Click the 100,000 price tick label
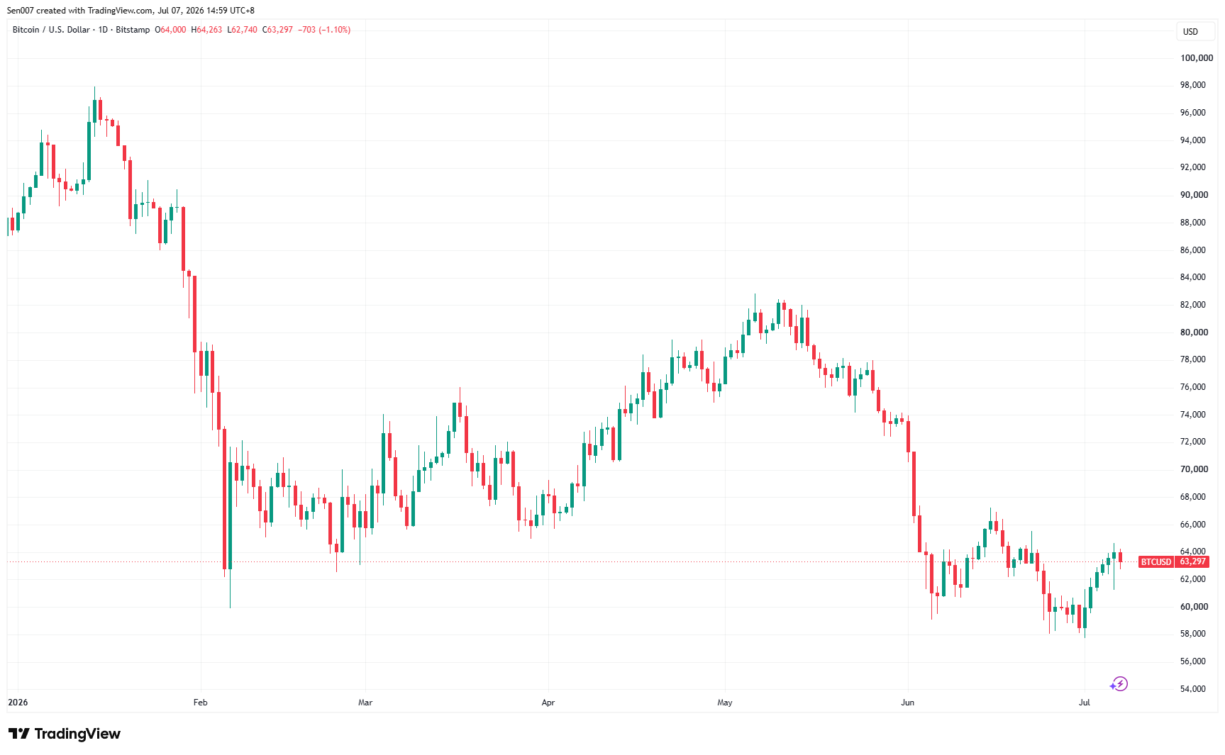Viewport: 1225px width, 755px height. coord(1197,58)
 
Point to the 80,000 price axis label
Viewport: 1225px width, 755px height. coord(1194,332)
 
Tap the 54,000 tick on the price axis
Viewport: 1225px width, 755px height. coord(1193,689)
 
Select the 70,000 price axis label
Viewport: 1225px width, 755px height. coord(1194,469)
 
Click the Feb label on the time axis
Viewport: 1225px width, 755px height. coord(201,703)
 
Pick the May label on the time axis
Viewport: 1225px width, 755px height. coord(725,703)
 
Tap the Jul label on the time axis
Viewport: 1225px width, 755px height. coord(1084,703)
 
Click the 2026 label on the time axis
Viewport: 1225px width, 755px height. coord(18,703)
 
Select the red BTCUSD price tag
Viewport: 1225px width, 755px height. coord(1156,562)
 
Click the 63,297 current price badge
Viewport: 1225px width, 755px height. coord(1192,562)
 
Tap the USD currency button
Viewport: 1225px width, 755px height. coord(1190,32)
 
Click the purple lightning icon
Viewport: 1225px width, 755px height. coord(1119,684)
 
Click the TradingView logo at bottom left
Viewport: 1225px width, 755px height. coord(65,734)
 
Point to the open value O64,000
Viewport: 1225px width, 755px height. coord(170,30)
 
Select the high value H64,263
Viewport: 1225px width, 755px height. coord(206,30)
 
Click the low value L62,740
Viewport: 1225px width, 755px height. coord(242,30)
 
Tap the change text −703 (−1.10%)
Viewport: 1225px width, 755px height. coord(324,30)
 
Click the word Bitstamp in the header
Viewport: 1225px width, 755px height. coord(133,30)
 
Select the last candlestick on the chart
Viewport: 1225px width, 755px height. coord(1120,558)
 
